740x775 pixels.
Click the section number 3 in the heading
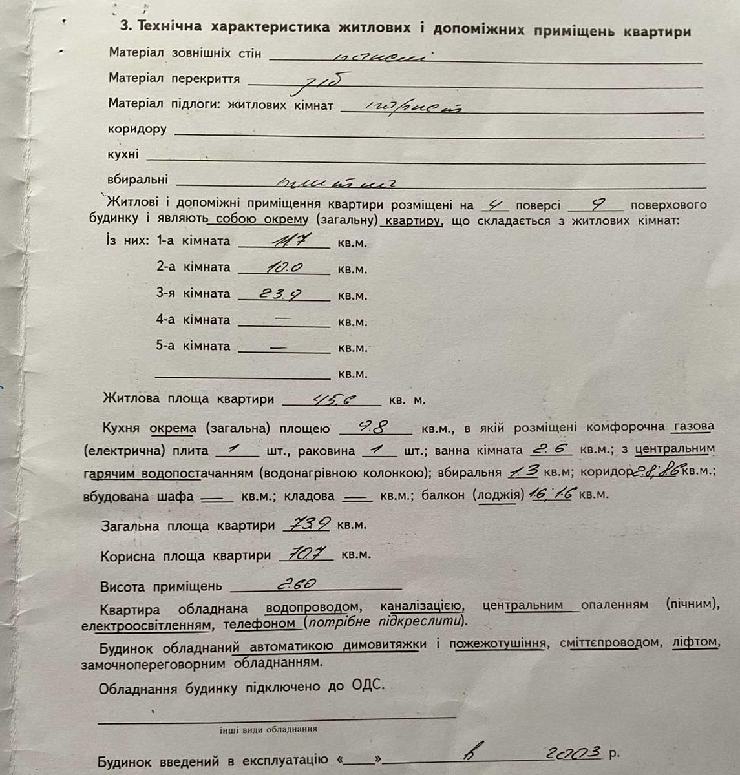(126, 27)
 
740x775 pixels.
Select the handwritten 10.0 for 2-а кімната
(285, 267)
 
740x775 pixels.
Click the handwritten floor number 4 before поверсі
(495, 205)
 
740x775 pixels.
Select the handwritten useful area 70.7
(306, 554)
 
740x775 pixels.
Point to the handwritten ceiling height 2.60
(296, 584)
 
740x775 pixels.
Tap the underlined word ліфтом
(695, 643)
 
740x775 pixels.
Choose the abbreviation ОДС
(367, 686)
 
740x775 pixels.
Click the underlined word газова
(693, 427)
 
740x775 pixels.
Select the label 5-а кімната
(193, 346)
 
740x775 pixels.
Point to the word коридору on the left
(137, 129)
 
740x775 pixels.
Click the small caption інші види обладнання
(268, 728)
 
